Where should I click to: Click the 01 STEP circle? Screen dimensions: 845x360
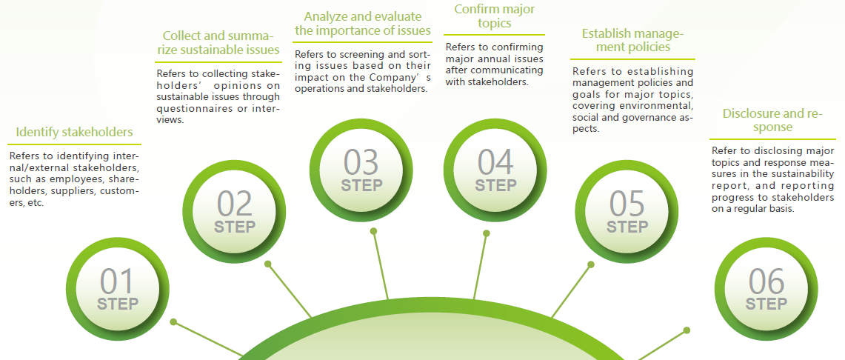118,289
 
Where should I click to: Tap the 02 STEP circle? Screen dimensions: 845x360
235,212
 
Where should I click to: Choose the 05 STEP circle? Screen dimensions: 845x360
627,212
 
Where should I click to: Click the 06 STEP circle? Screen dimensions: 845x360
766,289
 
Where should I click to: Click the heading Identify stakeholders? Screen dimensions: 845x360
74,132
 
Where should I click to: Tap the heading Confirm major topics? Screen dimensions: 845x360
494,16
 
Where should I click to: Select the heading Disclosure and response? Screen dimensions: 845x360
772,120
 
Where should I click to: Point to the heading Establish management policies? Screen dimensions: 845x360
632,41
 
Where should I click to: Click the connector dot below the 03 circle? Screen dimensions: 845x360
373,231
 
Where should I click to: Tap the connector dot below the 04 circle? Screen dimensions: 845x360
486,233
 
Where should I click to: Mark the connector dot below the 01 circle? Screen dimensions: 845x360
173,321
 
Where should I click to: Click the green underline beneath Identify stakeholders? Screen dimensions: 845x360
74,144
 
